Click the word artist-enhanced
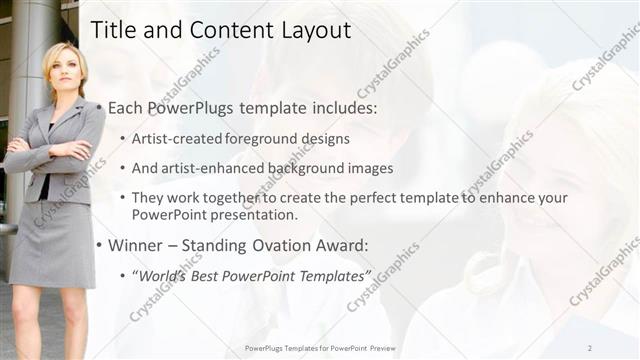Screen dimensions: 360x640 [x=214, y=168]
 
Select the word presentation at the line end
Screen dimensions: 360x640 [x=253, y=215]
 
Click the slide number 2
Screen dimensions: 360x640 [x=590, y=347]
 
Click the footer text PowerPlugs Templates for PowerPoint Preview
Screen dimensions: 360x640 [x=320, y=347]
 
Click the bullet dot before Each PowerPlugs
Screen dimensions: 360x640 [x=100, y=108]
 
